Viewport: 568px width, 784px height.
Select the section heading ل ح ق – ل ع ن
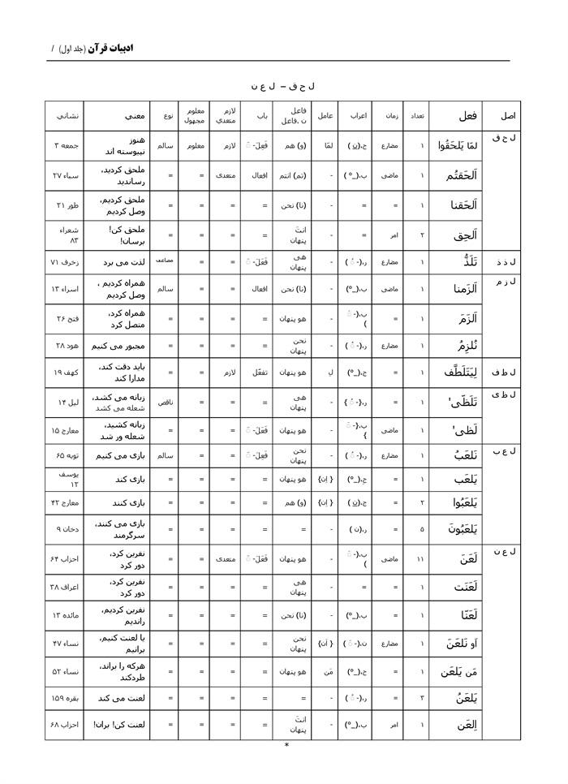283,84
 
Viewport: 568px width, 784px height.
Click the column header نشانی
66,115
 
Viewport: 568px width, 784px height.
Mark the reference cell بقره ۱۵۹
66,698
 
